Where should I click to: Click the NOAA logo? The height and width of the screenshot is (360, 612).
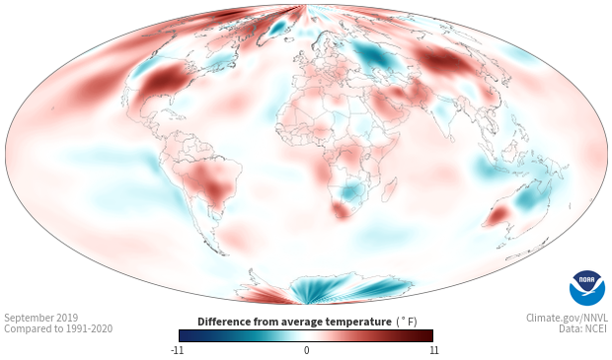(587, 288)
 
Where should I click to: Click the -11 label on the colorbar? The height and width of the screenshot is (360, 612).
(178, 350)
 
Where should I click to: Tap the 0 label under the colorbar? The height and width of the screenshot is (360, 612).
(306, 350)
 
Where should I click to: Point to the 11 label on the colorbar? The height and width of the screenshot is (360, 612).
(433, 350)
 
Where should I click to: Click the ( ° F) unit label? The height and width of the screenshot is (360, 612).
(407, 323)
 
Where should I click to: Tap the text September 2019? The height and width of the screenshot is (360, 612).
(41, 318)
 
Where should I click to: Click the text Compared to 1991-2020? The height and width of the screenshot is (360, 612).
(58, 328)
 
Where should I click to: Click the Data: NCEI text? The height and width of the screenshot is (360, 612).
(582, 328)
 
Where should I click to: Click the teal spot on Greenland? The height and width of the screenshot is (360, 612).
(278, 27)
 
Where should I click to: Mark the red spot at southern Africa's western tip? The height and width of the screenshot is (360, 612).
(341, 211)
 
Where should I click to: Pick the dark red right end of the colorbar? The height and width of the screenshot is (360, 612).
(426, 335)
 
